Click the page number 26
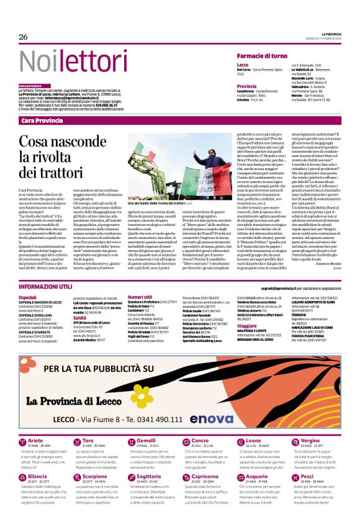(x=24, y=38)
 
